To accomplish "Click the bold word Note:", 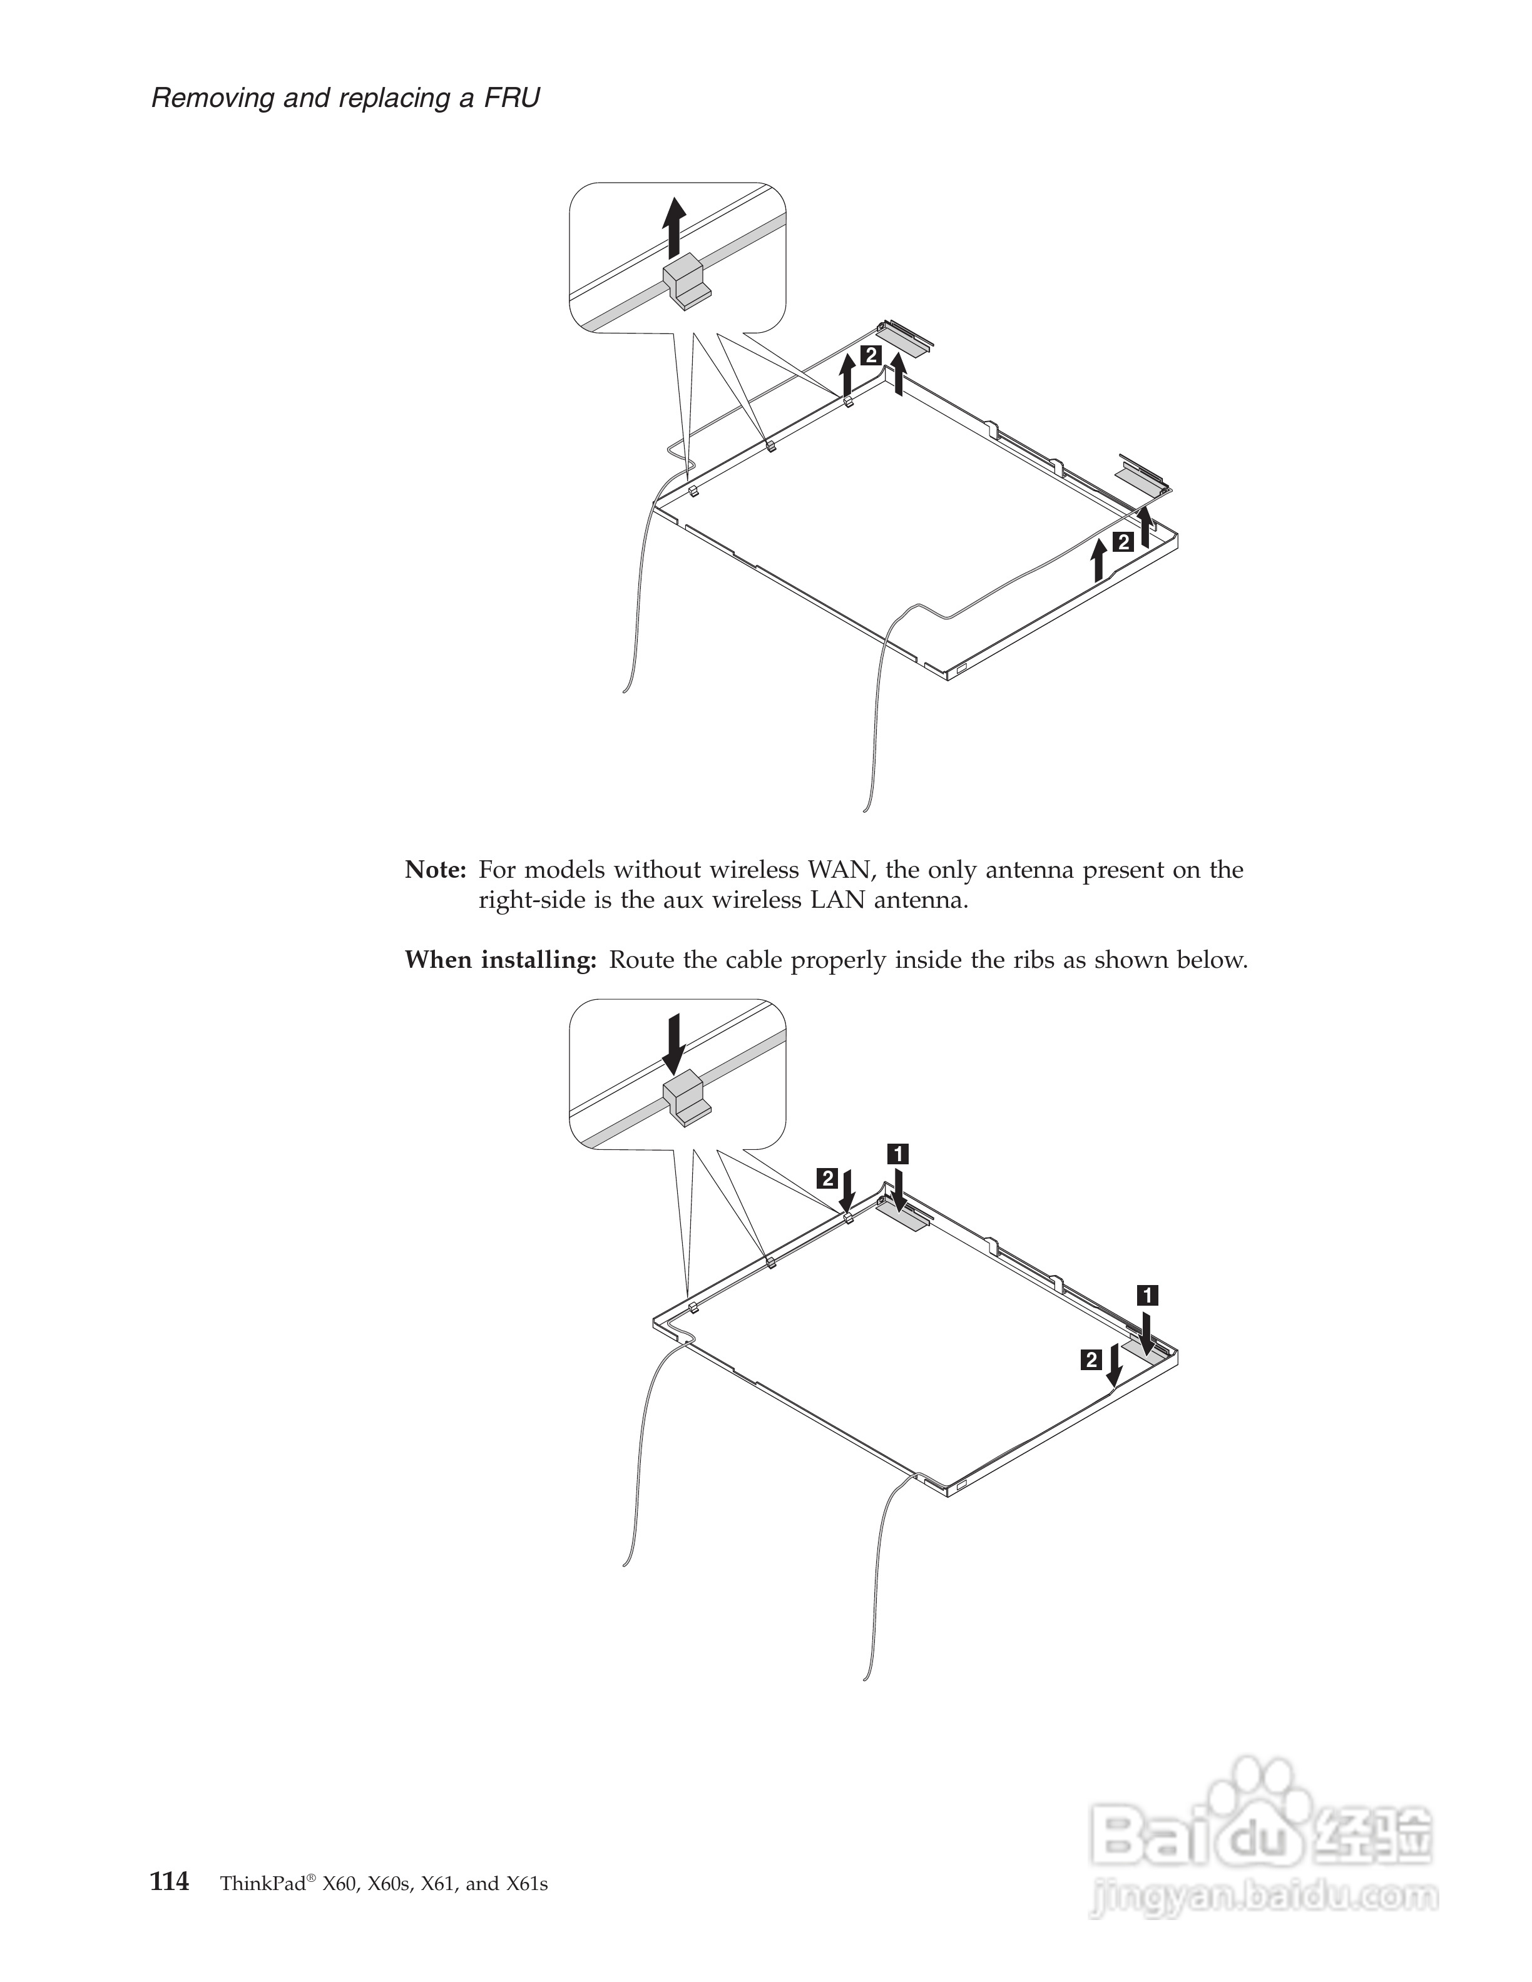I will [436, 870].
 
